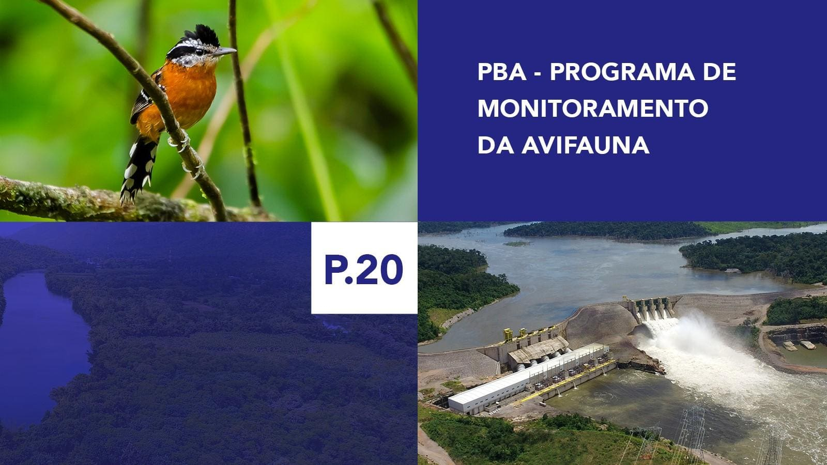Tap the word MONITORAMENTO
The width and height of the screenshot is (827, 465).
coord(592,109)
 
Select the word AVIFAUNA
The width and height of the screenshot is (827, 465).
coord(585,146)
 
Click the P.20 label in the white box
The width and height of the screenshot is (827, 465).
coord(363,269)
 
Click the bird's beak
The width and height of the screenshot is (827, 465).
coord(225,52)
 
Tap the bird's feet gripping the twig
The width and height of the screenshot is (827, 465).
coord(182,142)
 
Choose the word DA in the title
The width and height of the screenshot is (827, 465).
coord(495,146)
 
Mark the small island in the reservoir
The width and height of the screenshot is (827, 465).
coord(517,243)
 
